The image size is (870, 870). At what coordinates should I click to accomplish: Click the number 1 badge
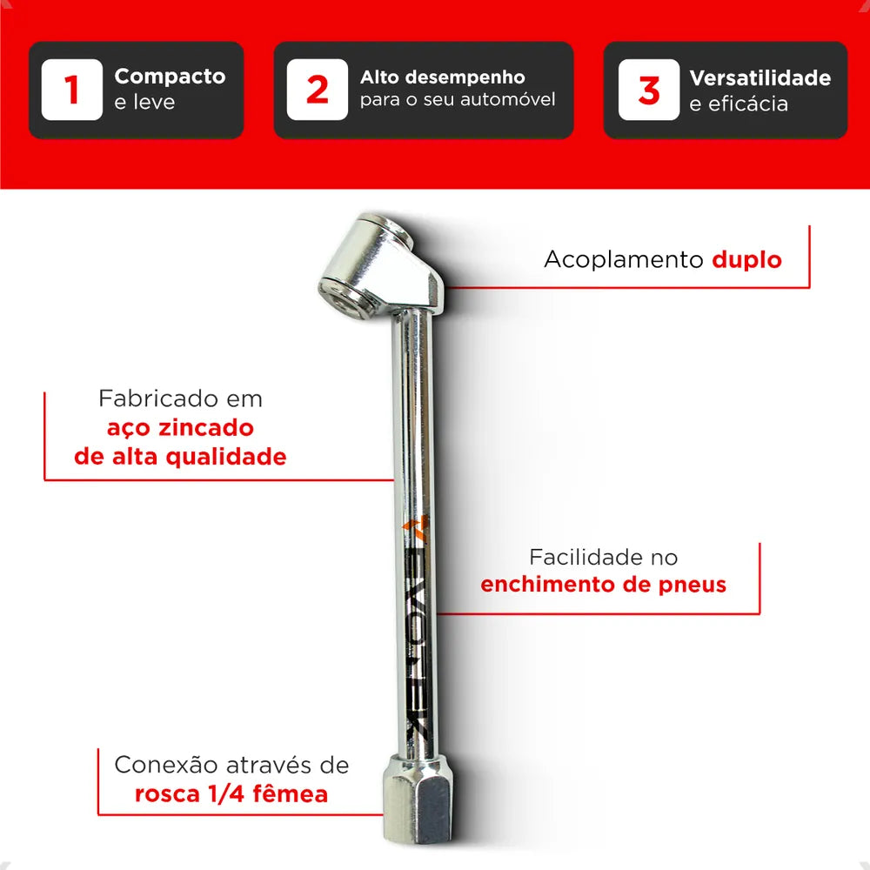click(71, 90)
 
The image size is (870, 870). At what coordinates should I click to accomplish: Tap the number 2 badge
click(317, 90)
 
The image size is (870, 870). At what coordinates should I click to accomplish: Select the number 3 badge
click(649, 90)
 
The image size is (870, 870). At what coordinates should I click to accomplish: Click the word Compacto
click(170, 76)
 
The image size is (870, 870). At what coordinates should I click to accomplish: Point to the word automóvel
click(508, 99)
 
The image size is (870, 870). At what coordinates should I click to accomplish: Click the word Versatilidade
click(760, 77)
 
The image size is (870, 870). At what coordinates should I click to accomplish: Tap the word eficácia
click(748, 104)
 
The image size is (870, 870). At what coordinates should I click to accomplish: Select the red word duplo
click(746, 259)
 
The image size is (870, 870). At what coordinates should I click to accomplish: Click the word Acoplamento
click(624, 259)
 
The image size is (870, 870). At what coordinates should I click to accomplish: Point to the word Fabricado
click(150, 398)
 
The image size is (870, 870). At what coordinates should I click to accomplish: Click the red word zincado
click(206, 428)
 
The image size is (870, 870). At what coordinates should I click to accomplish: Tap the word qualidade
click(226, 457)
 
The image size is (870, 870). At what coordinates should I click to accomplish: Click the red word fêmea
click(291, 793)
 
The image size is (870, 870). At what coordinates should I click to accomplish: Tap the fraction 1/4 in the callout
click(226, 793)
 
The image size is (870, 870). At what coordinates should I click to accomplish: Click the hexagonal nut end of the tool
click(418, 799)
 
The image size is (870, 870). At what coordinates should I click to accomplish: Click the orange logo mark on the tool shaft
click(416, 528)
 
